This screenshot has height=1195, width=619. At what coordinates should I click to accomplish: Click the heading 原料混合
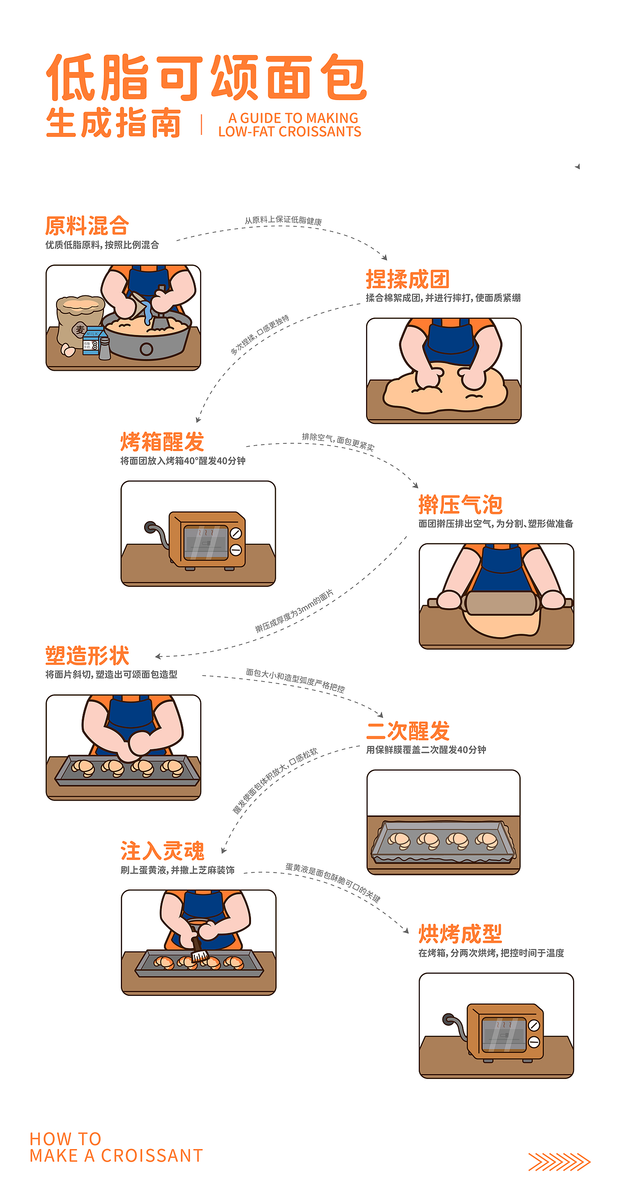pyautogui.click(x=87, y=226)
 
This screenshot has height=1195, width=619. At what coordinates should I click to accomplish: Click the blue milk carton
pyautogui.click(x=91, y=341)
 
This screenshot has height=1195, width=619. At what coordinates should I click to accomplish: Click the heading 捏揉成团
pyautogui.click(x=408, y=279)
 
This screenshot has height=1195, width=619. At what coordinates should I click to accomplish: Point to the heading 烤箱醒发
pyautogui.click(x=162, y=442)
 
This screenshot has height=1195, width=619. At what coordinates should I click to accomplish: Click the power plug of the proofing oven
pyautogui.click(x=150, y=526)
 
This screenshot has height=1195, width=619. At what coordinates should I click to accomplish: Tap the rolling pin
pyautogui.click(x=500, y=603)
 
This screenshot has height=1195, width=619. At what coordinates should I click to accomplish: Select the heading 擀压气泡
pyautogui.click(x=460, y=505)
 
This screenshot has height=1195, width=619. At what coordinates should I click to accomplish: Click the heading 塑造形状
pyautogui.click(x=87, y=656)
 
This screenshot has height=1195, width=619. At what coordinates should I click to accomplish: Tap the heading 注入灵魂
pyautogui.click(x=162, y=851)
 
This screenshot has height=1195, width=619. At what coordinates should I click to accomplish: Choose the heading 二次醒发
pyautogui.click(x=408, y=731)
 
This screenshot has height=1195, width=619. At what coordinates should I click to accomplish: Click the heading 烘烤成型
pyautogui.click(x=460, y=934)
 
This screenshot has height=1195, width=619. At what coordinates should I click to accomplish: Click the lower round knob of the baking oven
pyautogui.click(x=534, y=1042)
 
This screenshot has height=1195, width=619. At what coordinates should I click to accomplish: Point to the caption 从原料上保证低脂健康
pyautogui.click(x=283, y=220)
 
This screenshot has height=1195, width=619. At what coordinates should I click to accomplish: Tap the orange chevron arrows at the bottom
pyautogui.click(x=559, y=1162)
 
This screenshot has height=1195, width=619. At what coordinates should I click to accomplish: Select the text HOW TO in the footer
pyautogui.click(x=65, y=1138)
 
